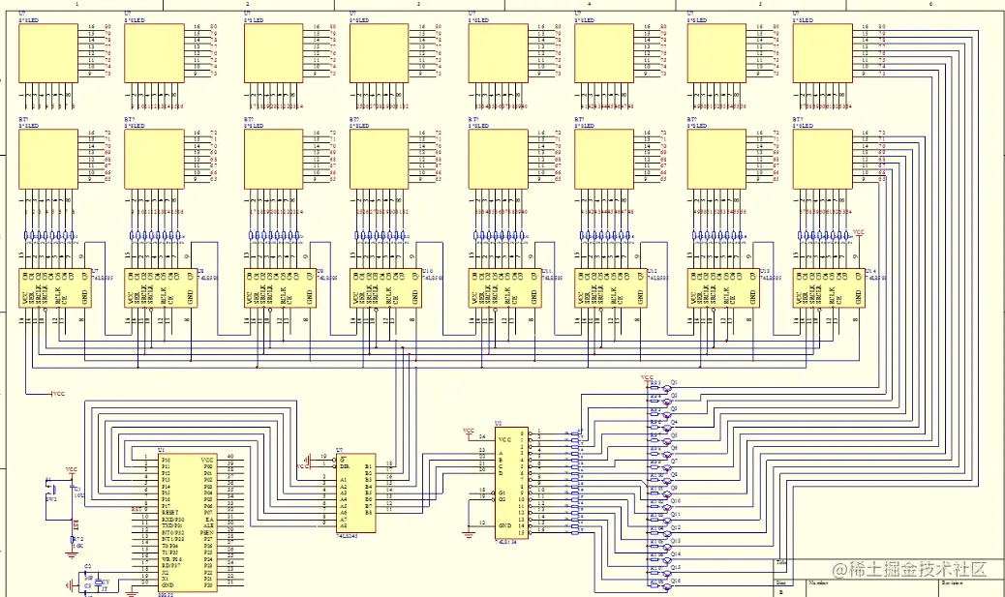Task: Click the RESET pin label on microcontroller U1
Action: point(170,512)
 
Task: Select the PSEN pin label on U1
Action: point(206,532)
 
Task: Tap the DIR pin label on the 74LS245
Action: point(344,465)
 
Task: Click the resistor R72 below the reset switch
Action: point(76,540)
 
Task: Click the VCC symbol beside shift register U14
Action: point(857,233)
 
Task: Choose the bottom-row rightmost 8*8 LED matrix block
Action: point(821,157)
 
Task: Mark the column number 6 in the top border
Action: point(929,4)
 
